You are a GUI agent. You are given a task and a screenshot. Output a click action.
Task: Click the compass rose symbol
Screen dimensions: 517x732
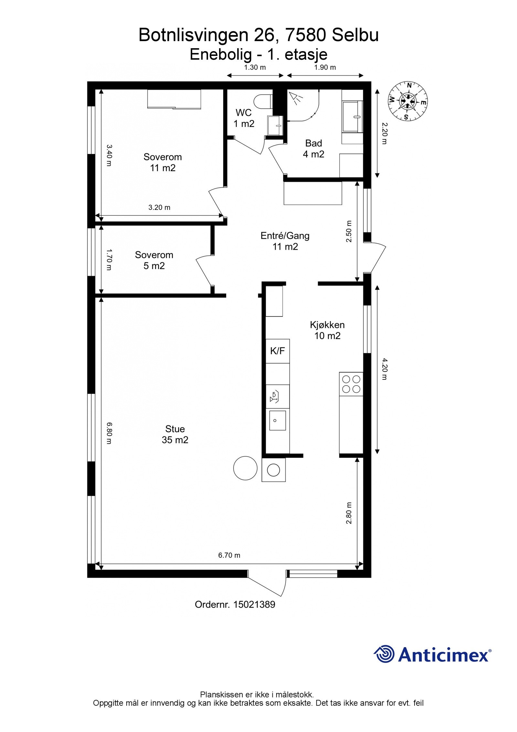(x=407, y=101)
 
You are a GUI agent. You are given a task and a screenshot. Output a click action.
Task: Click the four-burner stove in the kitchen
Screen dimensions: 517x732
(x=351, y=384)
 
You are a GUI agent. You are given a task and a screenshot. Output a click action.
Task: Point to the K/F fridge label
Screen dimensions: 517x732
(x=278, y=351)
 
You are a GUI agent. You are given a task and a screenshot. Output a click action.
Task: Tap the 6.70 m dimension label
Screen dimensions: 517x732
(x=229, y=555)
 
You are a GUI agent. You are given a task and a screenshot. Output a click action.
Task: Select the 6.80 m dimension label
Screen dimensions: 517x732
(x=109, y=433)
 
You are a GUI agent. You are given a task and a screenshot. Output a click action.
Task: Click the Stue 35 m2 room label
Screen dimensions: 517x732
(x=175, y=434)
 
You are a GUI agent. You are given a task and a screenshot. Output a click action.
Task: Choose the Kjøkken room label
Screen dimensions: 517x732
(x=327, y=325)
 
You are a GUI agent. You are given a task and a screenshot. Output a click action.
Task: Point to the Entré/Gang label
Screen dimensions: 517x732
(x=285, y=236)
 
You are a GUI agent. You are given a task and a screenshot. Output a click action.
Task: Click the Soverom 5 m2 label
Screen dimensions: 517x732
(x=154, y=260)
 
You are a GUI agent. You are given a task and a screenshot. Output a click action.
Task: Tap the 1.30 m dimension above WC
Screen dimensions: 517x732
(x=255, y=67)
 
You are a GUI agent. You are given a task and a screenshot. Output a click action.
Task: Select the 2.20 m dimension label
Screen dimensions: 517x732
(x=384, y=133)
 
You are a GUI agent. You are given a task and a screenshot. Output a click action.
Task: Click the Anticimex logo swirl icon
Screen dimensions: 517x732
(x=385, y=654)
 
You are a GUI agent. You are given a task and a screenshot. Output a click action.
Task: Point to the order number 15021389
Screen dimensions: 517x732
(x=254, y=605)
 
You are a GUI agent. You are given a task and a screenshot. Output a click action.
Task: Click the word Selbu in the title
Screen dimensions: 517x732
(x=355, y=35)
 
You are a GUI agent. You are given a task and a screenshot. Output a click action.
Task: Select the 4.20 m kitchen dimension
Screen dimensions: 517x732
(x=384, y=369)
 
